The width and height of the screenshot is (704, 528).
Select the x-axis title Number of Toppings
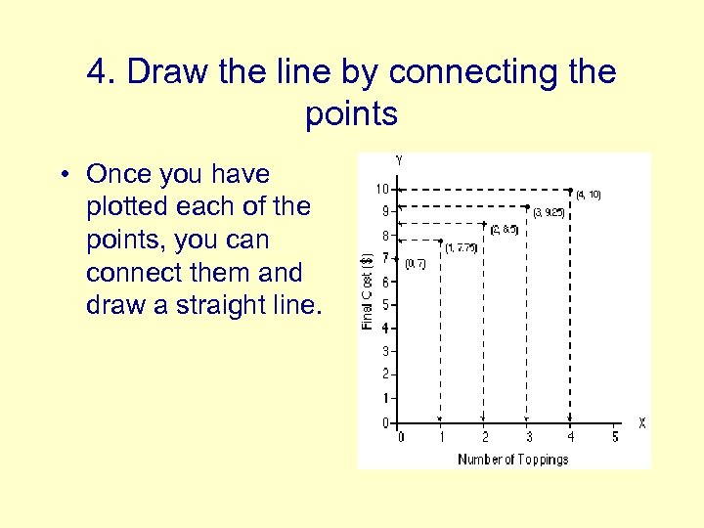coord(512,460)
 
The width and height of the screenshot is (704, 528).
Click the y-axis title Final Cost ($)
coord(368,290)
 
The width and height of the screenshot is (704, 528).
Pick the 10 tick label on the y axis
coord(382,189)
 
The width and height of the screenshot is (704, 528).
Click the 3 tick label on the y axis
coord(385,351)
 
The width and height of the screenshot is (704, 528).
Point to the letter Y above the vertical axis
coord(398,160)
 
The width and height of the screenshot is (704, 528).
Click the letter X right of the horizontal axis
coord(641,423)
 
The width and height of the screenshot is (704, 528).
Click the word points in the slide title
coord(351,114)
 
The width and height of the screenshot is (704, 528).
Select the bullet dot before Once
coord(62,176)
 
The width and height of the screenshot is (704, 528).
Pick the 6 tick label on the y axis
coord(385,282)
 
